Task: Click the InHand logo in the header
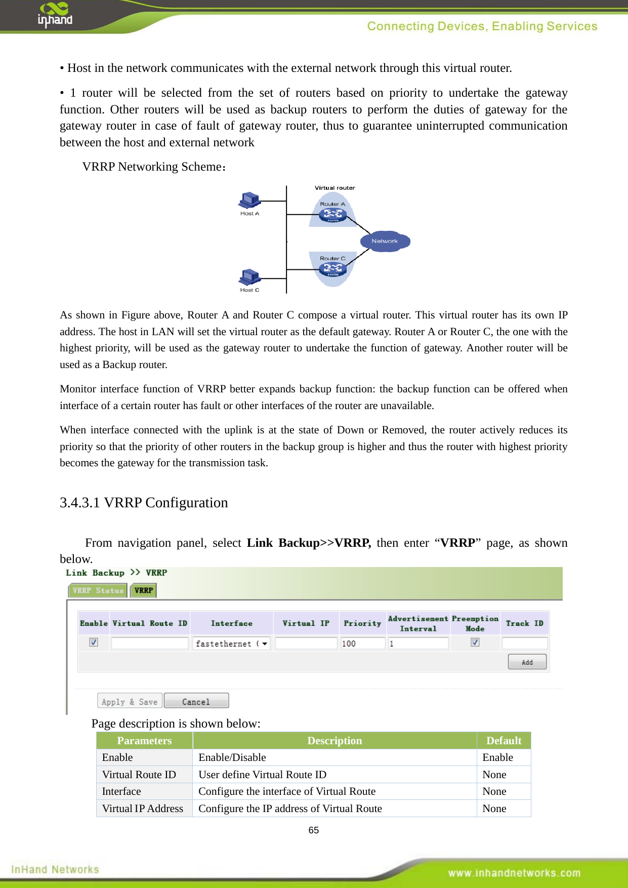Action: (x=55, y=15)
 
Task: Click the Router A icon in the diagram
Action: (x=333, y=215)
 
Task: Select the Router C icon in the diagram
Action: (x=332, y=269)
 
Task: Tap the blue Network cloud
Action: (x=385, y=241)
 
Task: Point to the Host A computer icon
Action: (x=249, y=201)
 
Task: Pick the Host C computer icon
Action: (x=249, y=277)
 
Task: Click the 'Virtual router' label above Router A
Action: (x=334, y=188)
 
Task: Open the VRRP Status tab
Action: (x=98, y=590)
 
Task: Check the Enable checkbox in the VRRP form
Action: (x=94, y=642)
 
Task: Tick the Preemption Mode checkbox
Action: (x=475, y=642)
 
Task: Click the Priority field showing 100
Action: (x=362, y=643)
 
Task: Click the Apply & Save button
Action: (x=130, y=702)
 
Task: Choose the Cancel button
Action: (x=196, y=702)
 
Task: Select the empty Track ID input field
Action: (x=524, y=643)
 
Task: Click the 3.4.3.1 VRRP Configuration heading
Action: (x=144, y=503)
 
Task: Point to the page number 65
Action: (x=314, y=830)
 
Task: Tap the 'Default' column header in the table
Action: (x=504, y=741)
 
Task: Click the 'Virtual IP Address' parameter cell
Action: (x=143, y=809)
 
